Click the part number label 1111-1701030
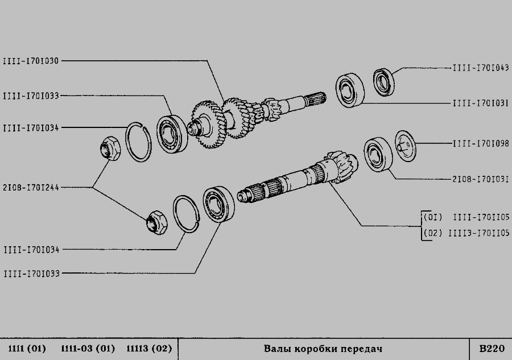tap(31, 61)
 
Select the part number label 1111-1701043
tap(481, 68)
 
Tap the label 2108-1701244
tap(31, 188)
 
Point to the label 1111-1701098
tap(481, 143)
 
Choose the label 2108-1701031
tap(481, 179)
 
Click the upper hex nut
tap(110, 148)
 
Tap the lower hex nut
tap(156, 222)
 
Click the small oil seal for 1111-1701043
tap(383, 82)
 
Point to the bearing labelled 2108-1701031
tap(378, 154)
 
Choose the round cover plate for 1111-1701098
tap(405, 146)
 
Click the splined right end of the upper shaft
tap(316, 98)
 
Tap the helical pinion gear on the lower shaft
tap(342, 166)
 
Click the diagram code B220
tap(492, 349)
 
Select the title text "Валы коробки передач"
tap(323, 349)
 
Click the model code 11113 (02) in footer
tap(149, 349)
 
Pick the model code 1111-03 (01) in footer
tap(88, 349)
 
